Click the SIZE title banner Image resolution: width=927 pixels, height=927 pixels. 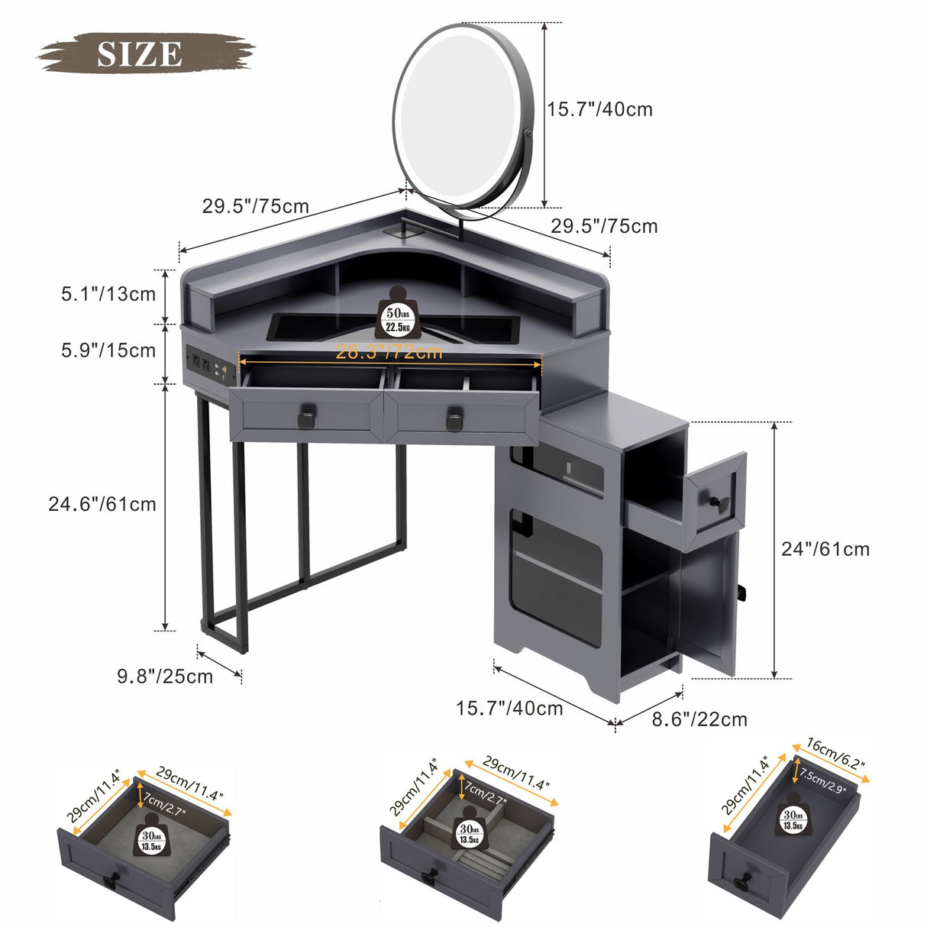[141, 53]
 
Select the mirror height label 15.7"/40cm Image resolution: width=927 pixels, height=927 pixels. [599, 109]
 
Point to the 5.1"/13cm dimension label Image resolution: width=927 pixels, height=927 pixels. [108, 294]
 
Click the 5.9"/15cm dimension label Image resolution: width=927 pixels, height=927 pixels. [108, 350]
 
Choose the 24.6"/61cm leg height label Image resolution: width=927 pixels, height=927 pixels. [102, 504]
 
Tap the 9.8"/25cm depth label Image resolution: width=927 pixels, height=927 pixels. [165, 676]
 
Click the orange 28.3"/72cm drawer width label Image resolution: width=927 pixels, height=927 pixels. [389, 352]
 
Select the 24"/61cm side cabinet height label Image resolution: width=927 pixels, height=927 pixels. [825, 549]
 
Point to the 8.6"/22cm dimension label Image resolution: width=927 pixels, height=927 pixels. [699, 719]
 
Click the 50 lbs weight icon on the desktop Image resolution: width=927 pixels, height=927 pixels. [397, 312]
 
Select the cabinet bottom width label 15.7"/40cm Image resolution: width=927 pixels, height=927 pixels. [509, 709]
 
